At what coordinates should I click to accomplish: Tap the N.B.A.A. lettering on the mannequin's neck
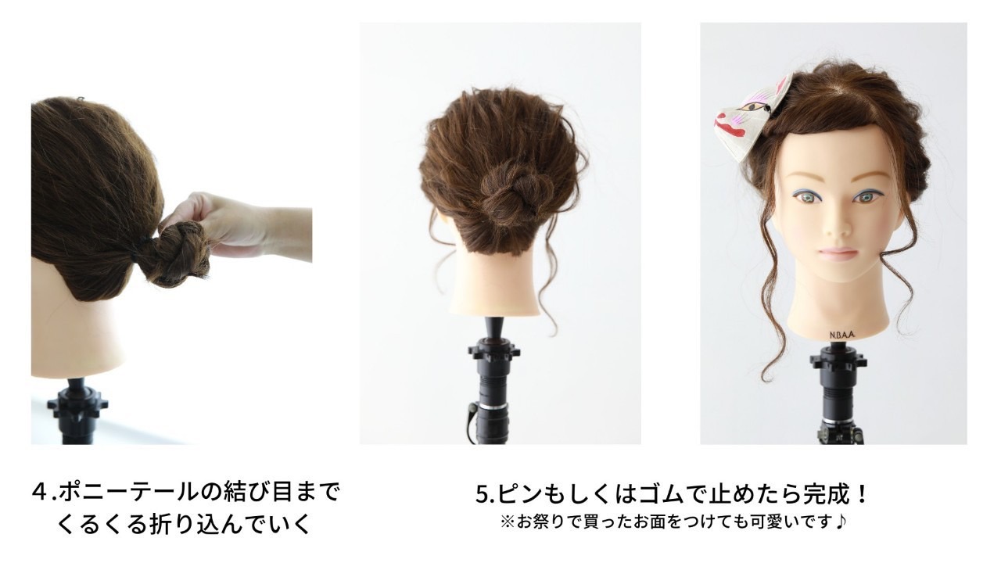[x=842, y=335]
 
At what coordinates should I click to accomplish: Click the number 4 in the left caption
[x=39, y=493]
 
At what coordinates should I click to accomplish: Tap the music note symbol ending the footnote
[x=841, y=521]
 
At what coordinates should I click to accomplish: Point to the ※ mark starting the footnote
[x=508, y=522]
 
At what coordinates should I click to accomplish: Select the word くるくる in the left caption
[x=102, y=524]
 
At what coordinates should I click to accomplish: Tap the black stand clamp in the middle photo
[x=493, y=353]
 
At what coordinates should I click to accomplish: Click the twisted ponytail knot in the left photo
[x=182, y=253]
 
